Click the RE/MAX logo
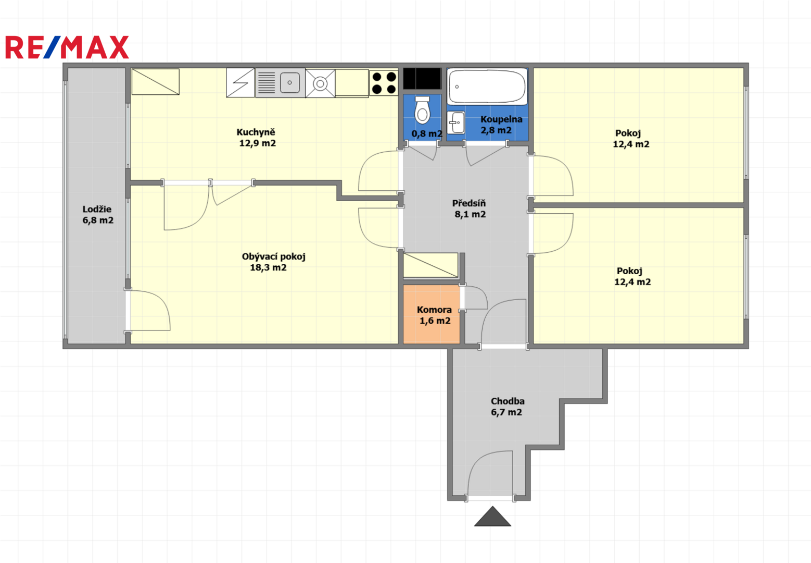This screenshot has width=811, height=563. (67, 47)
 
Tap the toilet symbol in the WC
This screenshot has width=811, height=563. (422, 110)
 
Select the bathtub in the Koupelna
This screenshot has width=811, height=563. (487, 87)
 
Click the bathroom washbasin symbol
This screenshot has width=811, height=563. (456, 123)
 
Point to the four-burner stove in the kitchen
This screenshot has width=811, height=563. (384, 83)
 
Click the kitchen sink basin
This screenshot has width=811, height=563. (289, 83)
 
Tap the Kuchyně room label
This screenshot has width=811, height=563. (256, 132)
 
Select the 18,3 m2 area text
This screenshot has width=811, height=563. (268, 267)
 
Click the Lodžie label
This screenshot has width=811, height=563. (97, 209)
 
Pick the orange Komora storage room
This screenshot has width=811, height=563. (432, 314)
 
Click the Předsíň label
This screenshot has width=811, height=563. (469, 203)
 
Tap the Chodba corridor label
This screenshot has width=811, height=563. (508, 401)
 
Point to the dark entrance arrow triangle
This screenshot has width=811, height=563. (492, 517)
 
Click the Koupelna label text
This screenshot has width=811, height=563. (501, 119)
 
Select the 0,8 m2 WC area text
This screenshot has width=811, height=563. (427, 134)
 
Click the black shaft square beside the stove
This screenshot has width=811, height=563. (422, 78)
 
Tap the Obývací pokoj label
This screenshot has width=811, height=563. (274, 256)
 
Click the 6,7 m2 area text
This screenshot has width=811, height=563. (506, 412)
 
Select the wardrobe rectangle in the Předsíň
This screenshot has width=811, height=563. (430, 265)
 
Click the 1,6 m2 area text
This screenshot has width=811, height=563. (435, 321)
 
